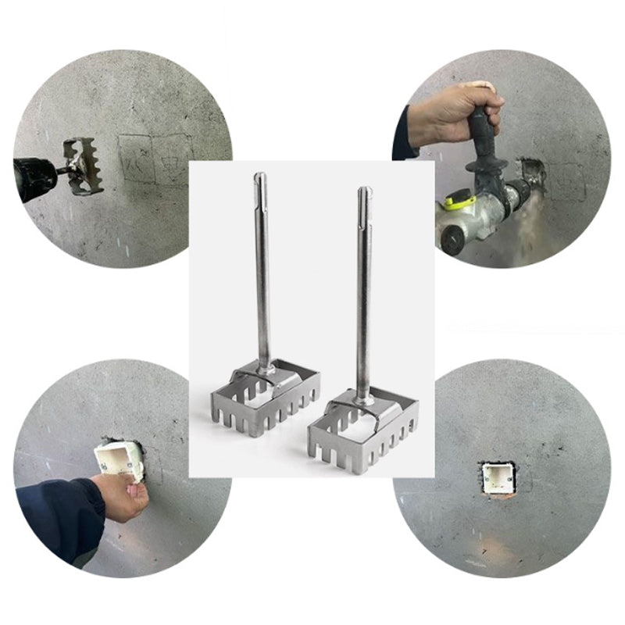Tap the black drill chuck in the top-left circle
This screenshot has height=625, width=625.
35,179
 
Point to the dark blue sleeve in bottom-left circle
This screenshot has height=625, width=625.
59,520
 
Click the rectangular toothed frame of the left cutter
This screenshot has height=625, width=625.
266,402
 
